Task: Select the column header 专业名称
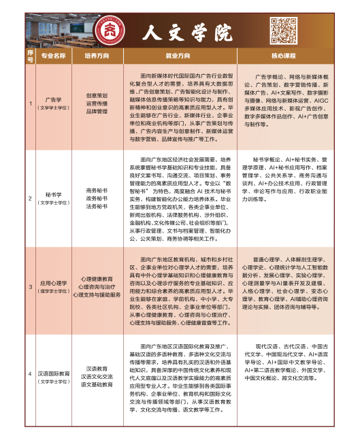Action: tap(54, 54)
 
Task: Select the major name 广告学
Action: tap(54, 100)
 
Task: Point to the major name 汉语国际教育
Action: tap(54, 374)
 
